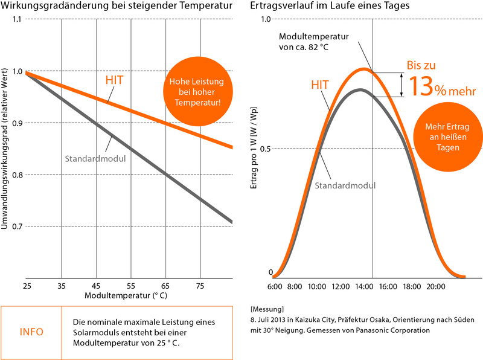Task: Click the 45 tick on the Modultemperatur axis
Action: pos(96,285)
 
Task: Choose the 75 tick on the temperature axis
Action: pos(200,285)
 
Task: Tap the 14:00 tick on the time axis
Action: pos(373,286)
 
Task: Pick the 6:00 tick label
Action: pos(274,286)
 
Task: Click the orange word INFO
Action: pos(31,332)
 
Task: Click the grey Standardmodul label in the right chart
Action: pos(345,185)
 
